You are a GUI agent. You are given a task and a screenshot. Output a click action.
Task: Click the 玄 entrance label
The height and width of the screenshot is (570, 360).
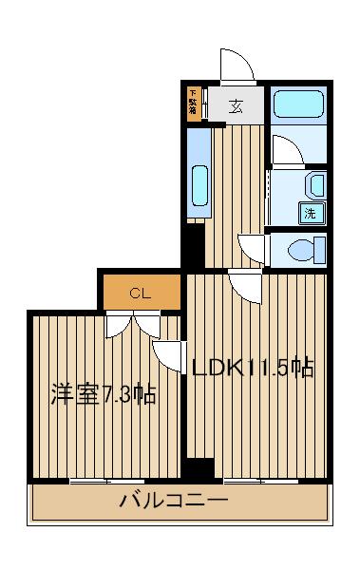click(x=236, y=106)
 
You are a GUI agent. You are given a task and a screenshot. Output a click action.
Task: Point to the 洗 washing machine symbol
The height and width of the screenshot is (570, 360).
click(x=311, y=214)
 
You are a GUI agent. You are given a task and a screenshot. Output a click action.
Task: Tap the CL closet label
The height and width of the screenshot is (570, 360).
click(x=141, y=293)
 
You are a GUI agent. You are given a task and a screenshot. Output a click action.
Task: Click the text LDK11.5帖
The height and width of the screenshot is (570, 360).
click(x=253, y=368)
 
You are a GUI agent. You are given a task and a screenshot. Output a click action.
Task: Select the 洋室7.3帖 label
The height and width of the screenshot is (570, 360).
click(x=104, y=393)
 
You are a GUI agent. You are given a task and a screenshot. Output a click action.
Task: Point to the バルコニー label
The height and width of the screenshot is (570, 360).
click(x=174, y=501)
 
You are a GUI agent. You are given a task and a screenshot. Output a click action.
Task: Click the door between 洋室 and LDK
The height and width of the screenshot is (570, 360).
click(x=170, y=354)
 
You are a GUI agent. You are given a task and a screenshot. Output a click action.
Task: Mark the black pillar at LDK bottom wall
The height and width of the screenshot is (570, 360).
click(x=200, y=469)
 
